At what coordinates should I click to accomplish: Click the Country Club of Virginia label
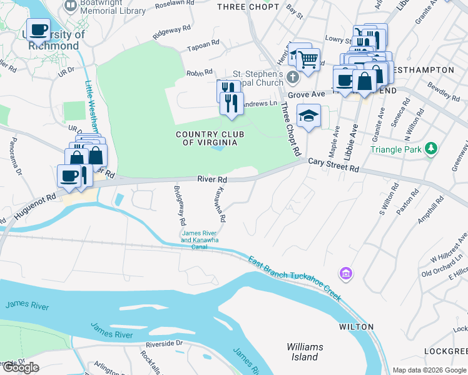point(206,138)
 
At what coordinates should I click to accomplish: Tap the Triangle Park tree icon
point(430,148)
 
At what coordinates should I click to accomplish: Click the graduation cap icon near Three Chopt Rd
point(308,116)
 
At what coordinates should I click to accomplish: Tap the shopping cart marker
point(307,60)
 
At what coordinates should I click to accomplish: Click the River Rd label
point(211,179)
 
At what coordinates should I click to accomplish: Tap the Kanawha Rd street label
point(220,206)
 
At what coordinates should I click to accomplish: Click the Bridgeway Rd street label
point(180,206)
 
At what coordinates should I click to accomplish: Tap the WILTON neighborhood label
point(356,327)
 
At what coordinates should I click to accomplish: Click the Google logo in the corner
point(21,367)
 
